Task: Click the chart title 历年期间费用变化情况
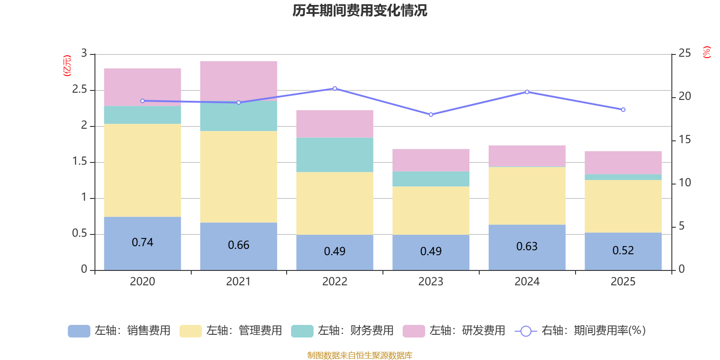coord(360,10)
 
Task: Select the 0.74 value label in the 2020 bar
coord(143,243)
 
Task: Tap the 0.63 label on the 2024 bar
coord(527,247)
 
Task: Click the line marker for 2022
coord(335,88)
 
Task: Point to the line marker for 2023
coord(431,115)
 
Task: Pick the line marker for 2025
coord(623,110)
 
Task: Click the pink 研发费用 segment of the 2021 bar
coord(238,79)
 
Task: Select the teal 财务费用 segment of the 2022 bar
coord(335,155)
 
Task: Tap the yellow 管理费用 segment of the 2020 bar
coord(143,170)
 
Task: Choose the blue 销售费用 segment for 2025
coord(623,251)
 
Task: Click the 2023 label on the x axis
coord(431,282)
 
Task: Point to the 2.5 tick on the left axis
coord(80,90)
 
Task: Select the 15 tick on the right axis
coord(684,139)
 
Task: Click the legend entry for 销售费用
coord(120,331)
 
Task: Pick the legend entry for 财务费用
coord(343,331)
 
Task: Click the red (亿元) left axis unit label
coord(67,66)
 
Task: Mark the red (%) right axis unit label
coord(707,52)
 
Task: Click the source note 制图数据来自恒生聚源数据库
coord(360,355)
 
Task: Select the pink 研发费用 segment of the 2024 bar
coord(527,156)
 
